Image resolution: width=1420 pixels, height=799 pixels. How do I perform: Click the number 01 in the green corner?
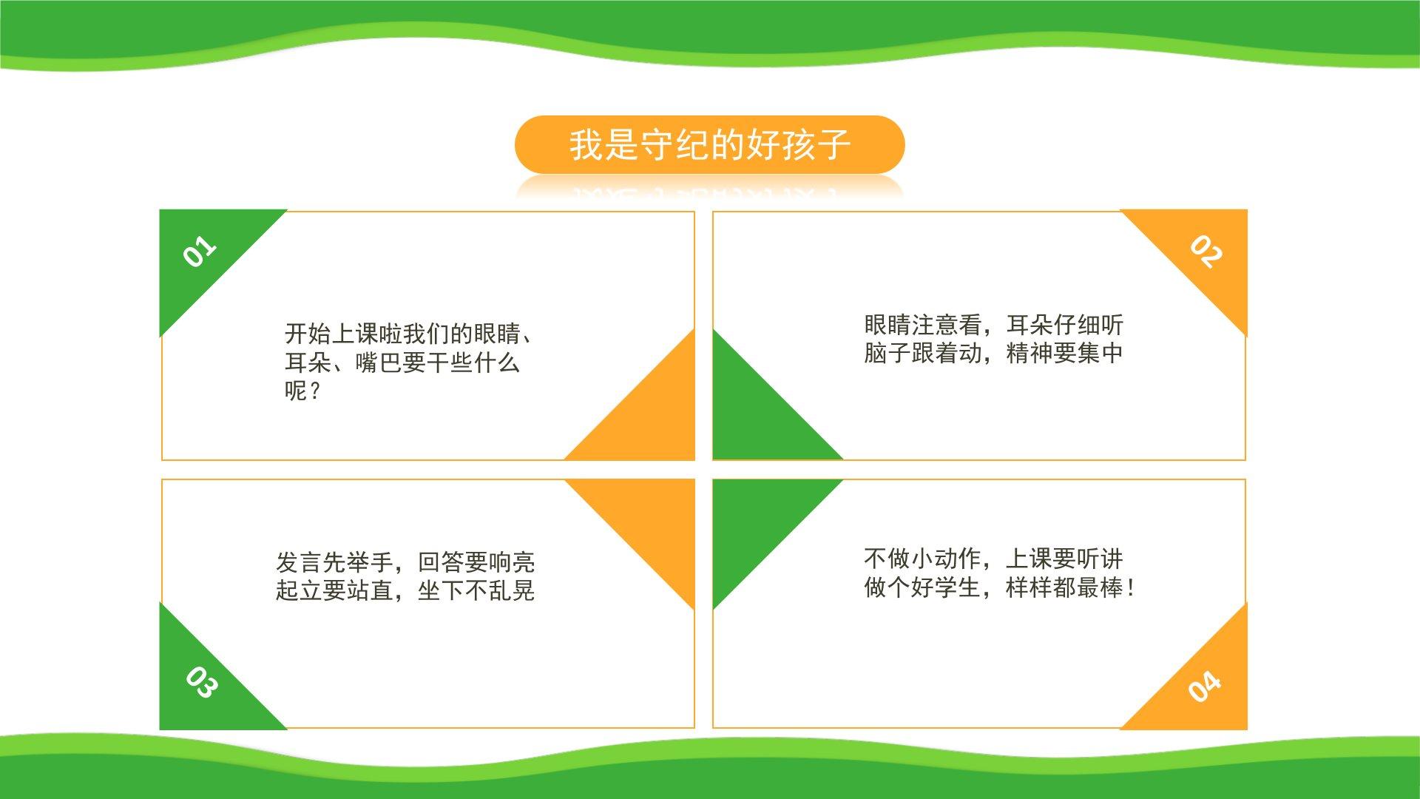tap(200, 252)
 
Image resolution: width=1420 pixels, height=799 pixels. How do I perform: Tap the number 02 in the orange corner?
tap(1206, 252)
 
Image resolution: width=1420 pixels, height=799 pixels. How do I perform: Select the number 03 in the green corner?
tap(201, 682)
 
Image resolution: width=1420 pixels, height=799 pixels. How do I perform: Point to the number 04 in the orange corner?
tap(1205, 687)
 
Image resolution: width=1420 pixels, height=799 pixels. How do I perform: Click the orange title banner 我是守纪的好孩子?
tap(709, 144)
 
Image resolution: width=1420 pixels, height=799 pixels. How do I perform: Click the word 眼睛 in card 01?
tap(498, 334)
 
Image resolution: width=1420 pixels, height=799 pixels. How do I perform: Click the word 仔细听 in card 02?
tap(1089, 325)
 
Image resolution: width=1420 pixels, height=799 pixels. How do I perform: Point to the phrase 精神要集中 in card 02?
tap(1065, 353)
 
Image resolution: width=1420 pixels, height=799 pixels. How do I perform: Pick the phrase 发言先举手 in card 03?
tap(334, 562)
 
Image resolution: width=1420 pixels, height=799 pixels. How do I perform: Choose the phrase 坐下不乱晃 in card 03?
tap(476, 590)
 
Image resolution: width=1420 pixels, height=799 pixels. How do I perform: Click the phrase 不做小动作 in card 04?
tap(922, 559)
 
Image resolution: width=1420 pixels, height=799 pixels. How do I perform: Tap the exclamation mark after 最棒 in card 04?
tap(1130, 587)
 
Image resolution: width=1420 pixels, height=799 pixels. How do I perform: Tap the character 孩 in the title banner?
tap(799, 144)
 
